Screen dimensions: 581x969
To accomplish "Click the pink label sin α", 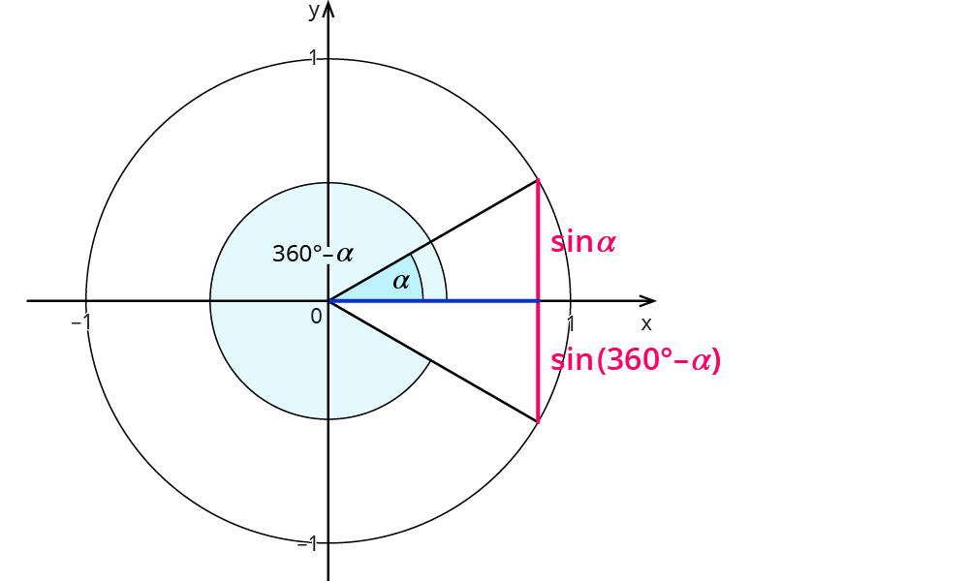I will click(x=583, y=242).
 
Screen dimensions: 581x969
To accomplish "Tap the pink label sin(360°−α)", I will click(x=636, y=361).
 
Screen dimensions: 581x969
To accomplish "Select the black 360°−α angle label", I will click(x=312, y=255).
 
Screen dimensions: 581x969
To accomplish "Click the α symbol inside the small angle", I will click(x=400, y=282).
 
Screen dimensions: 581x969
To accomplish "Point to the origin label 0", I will click(x=316, y=316).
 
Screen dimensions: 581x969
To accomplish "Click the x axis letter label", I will click(x=646, y=323).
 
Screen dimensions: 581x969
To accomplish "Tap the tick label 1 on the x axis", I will click(x=571, y=321).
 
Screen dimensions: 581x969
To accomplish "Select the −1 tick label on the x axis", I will click(x=81, y=321).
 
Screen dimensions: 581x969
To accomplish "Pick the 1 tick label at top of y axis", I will click(x=313, y=59).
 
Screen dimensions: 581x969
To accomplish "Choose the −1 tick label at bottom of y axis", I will click(x=307, y=543).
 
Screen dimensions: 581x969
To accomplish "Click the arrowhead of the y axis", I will click(x=328, y=9).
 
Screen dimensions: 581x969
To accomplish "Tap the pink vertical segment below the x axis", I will click(x=538, y=361).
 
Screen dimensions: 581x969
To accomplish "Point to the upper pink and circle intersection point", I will click(x=538, y=180).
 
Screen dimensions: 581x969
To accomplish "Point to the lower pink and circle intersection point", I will click(x=538, y=421).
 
